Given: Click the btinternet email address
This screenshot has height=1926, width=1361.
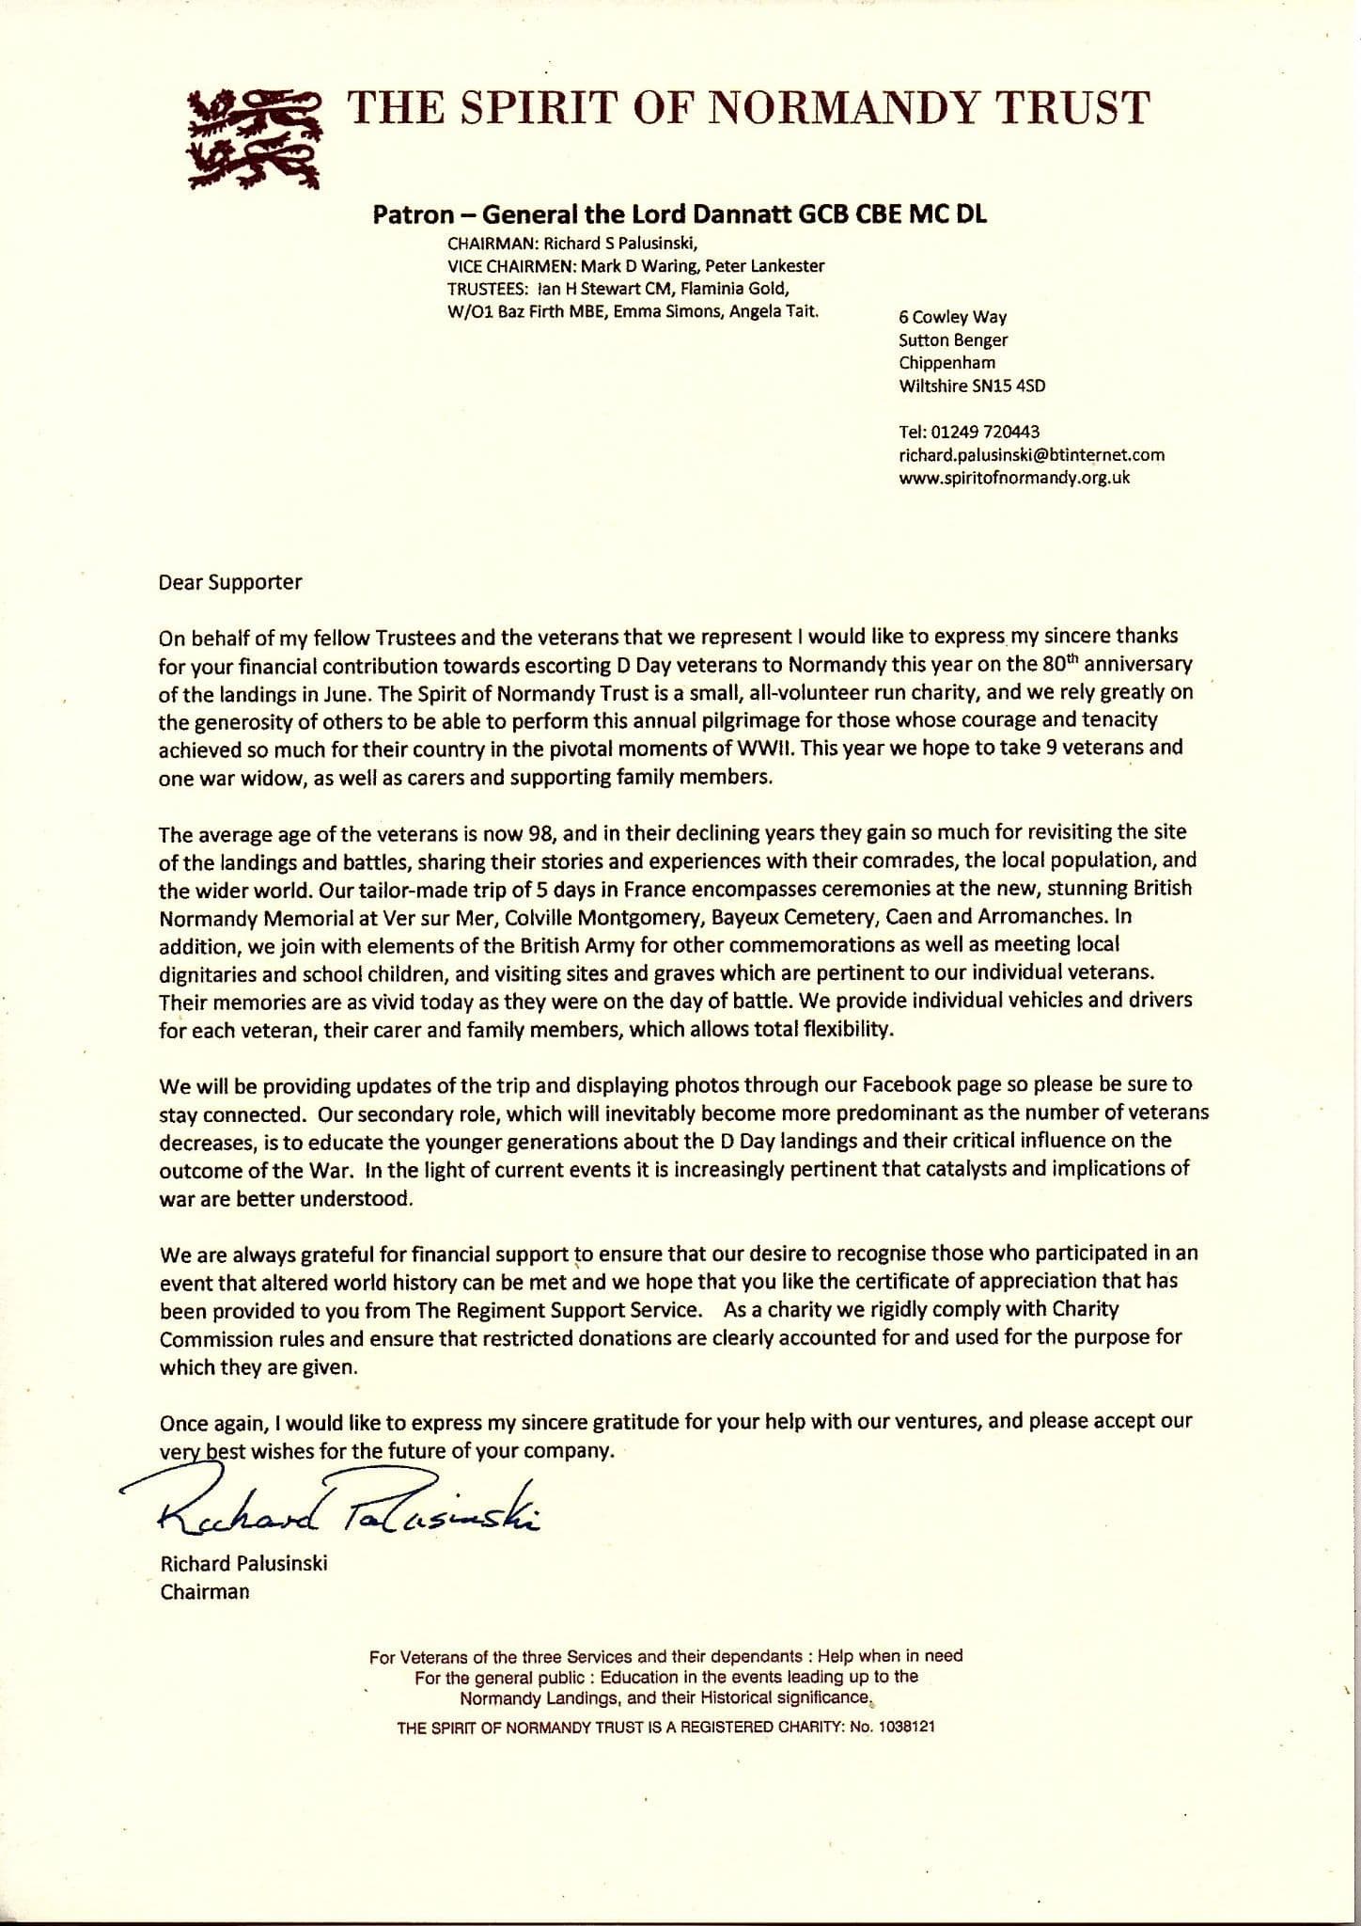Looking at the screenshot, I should pyautogui.click(x=1031, y=455).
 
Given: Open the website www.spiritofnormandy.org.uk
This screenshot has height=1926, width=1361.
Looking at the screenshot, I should pyautogui.click(x=1014, y=478).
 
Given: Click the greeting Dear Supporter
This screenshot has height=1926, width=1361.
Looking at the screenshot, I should pyautogui.click(x=230, y=582).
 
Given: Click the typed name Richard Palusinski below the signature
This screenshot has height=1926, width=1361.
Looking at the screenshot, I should pyautogui.click(x=243, y=1564).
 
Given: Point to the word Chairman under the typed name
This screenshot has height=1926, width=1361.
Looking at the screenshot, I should pyautogui.click(x=205, y=1592).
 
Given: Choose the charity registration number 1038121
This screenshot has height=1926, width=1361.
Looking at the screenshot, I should pyautogui.click(x=904, y=1728).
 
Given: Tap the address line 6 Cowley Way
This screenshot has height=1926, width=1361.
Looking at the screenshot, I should pyautogui.click(x=952, y=317).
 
